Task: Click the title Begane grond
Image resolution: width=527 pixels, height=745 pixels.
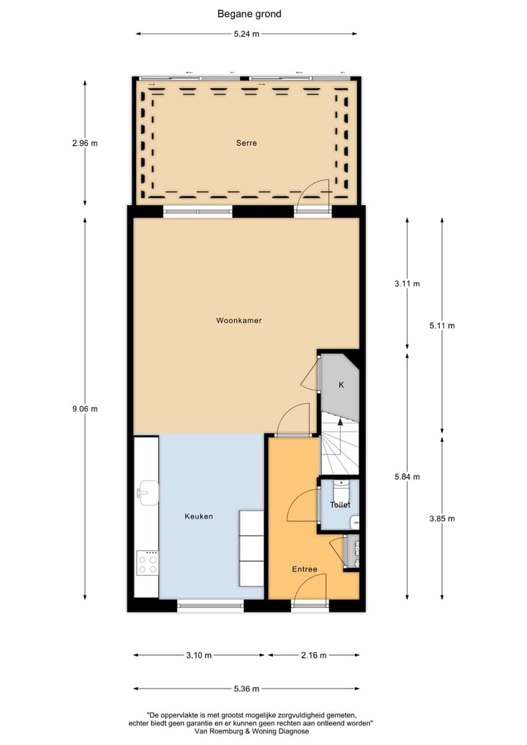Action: pos(249,13)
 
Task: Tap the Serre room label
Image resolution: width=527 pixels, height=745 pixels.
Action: pos(246,143)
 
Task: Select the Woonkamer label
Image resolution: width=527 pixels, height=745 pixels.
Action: pos(239,321)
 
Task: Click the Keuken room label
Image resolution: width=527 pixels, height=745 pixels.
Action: pos(198,516)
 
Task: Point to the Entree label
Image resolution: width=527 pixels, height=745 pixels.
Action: pos(304,569)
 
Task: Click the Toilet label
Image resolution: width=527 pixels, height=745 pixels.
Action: pos(340,505)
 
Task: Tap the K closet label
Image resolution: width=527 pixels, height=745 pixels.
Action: pos(340,385)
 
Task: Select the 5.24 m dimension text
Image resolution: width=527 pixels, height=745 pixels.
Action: pos(247,34)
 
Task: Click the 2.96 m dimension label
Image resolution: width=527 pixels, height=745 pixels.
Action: pos(85,144)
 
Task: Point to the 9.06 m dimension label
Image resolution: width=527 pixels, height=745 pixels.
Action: pos(85,409)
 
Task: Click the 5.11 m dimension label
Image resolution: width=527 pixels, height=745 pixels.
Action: pos(442,325)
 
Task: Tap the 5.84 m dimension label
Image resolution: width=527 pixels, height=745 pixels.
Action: pos(407,476)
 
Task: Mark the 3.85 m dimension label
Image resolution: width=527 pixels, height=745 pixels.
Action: pos(442,519)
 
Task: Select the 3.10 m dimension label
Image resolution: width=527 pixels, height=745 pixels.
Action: pos(199,655)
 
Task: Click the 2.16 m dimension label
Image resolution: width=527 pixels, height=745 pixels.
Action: pos(313,655)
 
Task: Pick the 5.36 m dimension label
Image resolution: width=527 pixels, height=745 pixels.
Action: pos(247,689)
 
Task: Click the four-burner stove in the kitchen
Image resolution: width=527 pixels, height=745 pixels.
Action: pos(148,562)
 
